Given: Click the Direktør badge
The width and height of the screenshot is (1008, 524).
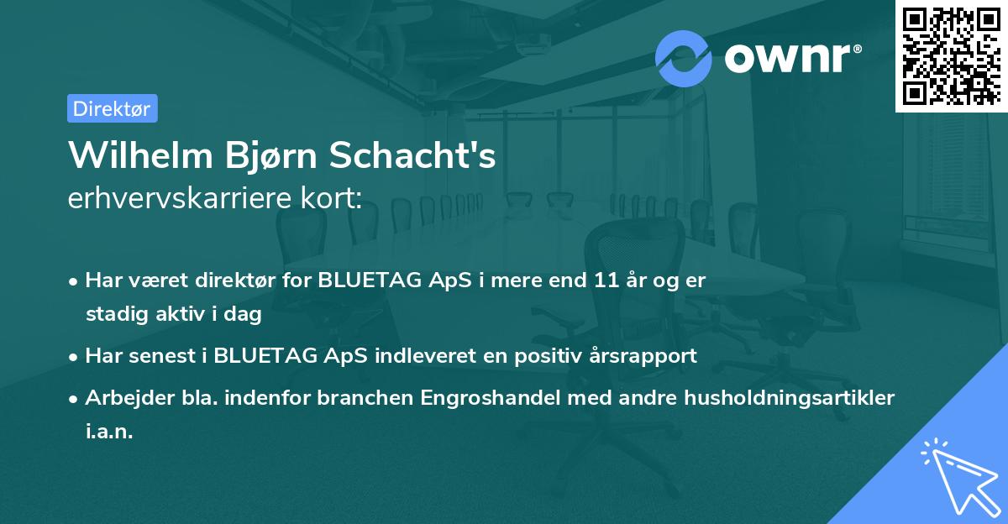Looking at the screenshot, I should [x=112, y=108].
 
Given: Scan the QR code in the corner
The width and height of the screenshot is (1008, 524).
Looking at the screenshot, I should [x=952, y=55].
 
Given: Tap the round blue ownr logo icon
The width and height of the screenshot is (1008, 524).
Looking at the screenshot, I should [x=684, y=58].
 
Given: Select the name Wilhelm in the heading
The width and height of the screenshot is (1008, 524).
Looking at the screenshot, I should [x=138, y=155].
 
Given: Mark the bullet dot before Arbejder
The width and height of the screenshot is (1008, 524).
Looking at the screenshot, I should [x=74, y=398].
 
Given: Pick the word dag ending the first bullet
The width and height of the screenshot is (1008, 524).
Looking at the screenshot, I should [x=244, y=315].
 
